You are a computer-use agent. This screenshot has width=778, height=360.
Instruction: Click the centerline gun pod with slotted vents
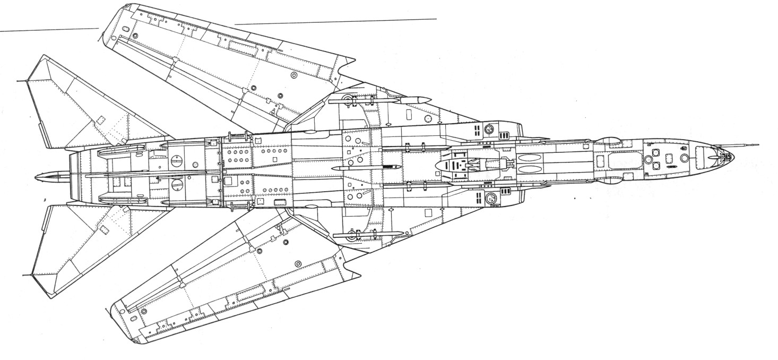[467, 165]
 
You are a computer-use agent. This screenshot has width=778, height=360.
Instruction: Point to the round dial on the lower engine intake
[491, 199]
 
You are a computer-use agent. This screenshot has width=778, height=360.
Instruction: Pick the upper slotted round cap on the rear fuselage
[177, 159]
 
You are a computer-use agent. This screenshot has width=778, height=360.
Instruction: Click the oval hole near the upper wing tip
[135, 36]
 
